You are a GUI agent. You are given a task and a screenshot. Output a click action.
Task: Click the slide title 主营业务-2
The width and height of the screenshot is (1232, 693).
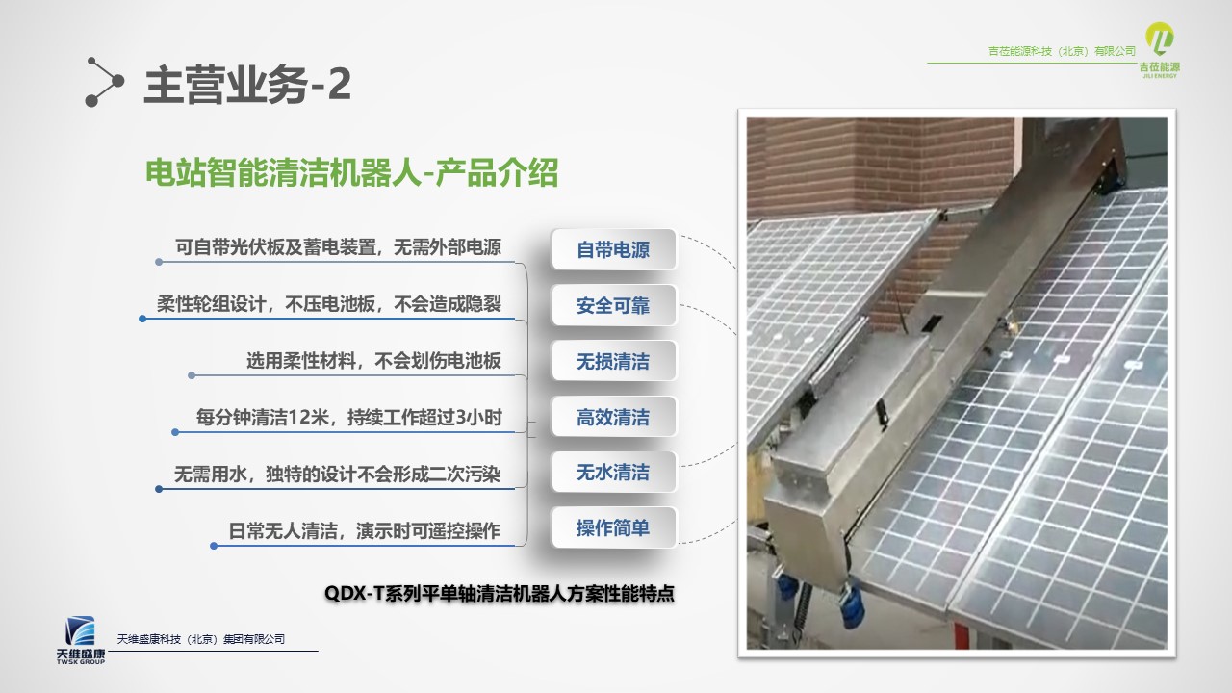tap(247, 84)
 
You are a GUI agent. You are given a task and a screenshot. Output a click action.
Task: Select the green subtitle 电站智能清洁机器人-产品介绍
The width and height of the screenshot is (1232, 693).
tap(352, 172)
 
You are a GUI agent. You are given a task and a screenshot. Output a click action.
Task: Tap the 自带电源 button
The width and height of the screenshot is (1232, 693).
tap(613, 249)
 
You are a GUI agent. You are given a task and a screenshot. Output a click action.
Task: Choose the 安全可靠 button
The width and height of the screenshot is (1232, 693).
tap(613, 305)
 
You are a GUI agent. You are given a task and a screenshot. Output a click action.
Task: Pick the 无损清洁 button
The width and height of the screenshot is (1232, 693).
tap(613, 361)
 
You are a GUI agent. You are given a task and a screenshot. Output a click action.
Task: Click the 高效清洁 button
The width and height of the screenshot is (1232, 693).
tap(613, 417)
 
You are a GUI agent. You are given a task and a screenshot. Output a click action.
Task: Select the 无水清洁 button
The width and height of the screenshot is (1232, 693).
tap(613, 472)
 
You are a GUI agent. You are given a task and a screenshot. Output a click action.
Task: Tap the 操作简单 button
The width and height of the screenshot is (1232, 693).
tap(613, 528)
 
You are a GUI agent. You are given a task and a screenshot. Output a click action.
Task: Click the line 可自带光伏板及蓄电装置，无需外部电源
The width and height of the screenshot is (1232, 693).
tap(338, 247)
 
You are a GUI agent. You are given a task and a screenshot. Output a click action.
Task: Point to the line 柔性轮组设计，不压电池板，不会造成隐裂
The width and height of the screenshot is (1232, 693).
tap(329, 303)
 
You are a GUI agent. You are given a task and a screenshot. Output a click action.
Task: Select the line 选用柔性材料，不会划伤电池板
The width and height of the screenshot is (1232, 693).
tap(373, 361)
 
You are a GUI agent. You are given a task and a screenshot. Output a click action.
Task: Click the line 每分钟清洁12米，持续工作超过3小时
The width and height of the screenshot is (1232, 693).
tap(349, 418)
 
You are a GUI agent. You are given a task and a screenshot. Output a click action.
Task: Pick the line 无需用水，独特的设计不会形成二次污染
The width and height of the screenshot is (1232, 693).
tap(337, 475)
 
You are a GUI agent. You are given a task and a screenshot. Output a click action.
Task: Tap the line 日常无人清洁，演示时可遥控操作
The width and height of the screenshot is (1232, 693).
tap(364, 530)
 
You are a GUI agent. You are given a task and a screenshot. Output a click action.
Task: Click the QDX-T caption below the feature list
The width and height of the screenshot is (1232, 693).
tap(500, 594)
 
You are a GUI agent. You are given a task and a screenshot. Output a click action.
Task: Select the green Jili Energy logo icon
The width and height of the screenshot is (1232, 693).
tap(1160, 39)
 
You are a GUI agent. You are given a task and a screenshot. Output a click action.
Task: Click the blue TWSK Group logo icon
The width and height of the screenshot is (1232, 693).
tap(80, 630)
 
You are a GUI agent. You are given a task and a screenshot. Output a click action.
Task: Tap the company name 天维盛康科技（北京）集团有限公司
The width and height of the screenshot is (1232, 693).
tap(201, 639)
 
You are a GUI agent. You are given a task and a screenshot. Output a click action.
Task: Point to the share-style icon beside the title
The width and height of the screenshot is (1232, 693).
tap(105, 82)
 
